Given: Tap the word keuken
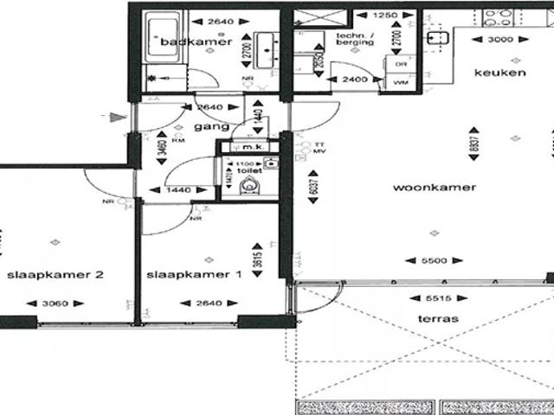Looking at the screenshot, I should tap(499, 73).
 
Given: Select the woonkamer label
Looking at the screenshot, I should tap(422, 188).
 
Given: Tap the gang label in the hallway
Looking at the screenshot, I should tap(204, 126).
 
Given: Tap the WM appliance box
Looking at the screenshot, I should tap(401, 82).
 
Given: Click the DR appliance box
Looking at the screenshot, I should tap(401, 65).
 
